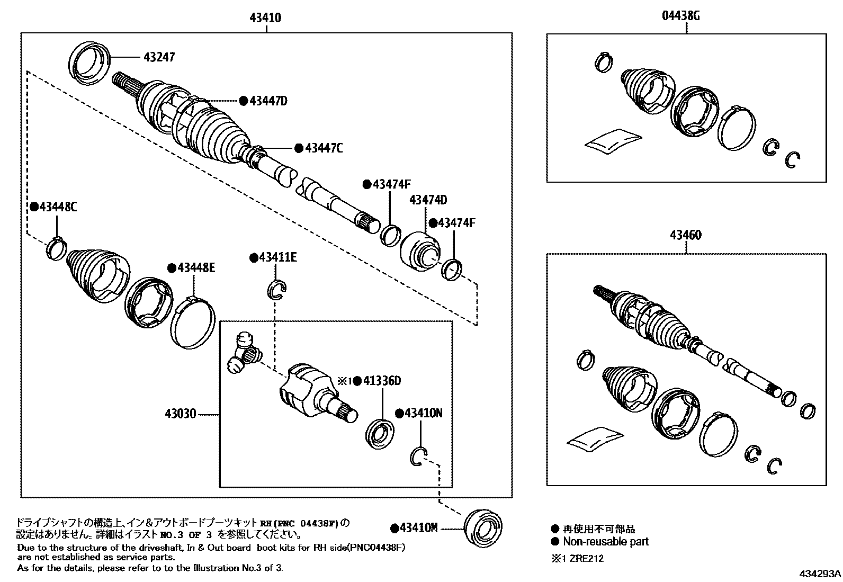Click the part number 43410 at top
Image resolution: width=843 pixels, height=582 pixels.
[266, 18]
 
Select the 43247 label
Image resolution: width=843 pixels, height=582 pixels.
[158, 57]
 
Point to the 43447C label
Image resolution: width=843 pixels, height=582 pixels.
[324, 148]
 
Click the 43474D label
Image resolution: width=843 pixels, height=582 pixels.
[428, 200]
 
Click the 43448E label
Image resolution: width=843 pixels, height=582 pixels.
[196, 268]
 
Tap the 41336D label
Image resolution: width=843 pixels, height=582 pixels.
[382, 381]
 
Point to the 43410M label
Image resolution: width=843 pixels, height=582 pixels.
[418, 528]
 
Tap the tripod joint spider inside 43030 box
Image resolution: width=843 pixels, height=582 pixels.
[244, 353]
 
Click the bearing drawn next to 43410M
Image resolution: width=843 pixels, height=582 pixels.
[482, 527]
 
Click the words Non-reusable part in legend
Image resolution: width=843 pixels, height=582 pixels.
[605, 541]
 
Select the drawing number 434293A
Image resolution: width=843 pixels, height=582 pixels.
[820, 574]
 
